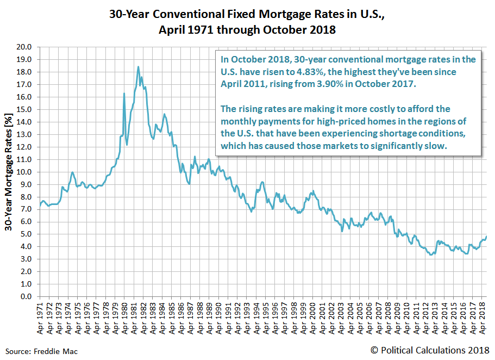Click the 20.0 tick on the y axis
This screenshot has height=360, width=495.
(25, 47)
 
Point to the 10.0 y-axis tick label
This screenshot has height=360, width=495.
(25, 172)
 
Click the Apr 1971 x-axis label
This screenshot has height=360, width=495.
(40, 316)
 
